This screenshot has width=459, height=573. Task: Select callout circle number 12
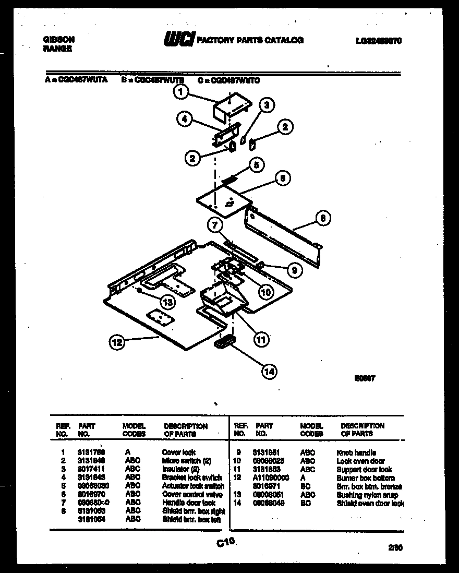117,343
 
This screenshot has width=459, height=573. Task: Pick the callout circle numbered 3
267,106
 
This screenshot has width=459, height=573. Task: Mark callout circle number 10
266,292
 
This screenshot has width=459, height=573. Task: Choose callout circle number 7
214,225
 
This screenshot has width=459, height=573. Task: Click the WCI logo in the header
179,40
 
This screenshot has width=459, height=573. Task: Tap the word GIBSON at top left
57,39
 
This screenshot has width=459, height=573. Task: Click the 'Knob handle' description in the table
356,453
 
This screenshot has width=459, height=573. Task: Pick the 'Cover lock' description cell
179,452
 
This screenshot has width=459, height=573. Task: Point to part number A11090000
271,478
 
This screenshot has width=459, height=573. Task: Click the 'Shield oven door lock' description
370,503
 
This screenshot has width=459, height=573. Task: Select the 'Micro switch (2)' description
186,461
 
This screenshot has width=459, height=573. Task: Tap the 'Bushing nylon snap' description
367,495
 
